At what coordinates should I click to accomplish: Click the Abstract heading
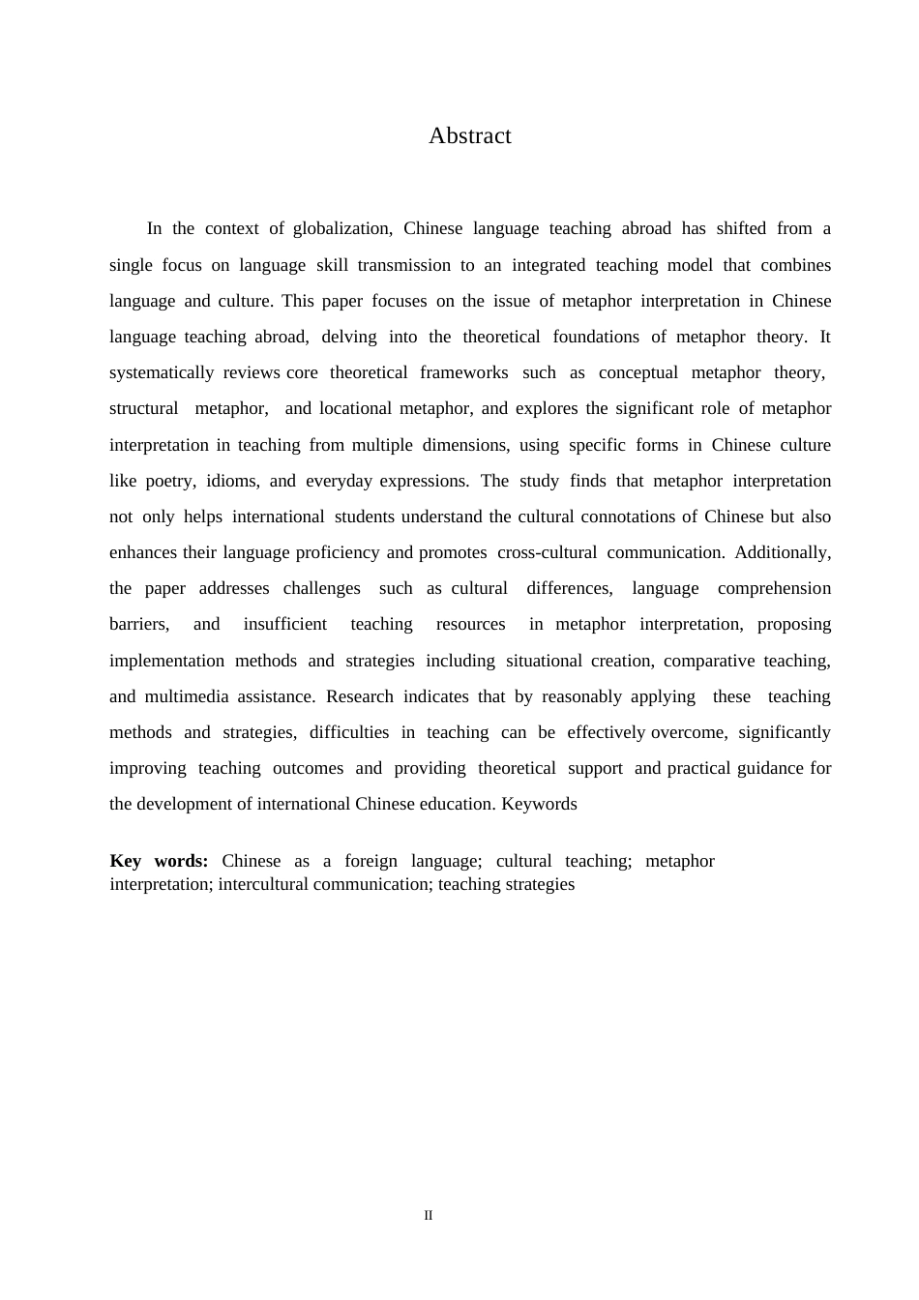tap(469, 136)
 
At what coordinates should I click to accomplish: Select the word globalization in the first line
tap(341, 229)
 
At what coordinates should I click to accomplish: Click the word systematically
tap(162, 372)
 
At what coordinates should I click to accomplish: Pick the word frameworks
tap(463, 372)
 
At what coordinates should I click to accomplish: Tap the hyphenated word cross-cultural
tap(547, 552)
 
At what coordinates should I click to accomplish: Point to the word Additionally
tap(783, 552)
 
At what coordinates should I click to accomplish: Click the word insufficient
tap(284, 624)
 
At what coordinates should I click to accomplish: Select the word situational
tap(544, 661)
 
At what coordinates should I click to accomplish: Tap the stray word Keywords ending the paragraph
tap(539, 804)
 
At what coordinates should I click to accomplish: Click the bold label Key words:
tap(159, 861)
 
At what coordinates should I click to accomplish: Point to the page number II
tap(429, 1216)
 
